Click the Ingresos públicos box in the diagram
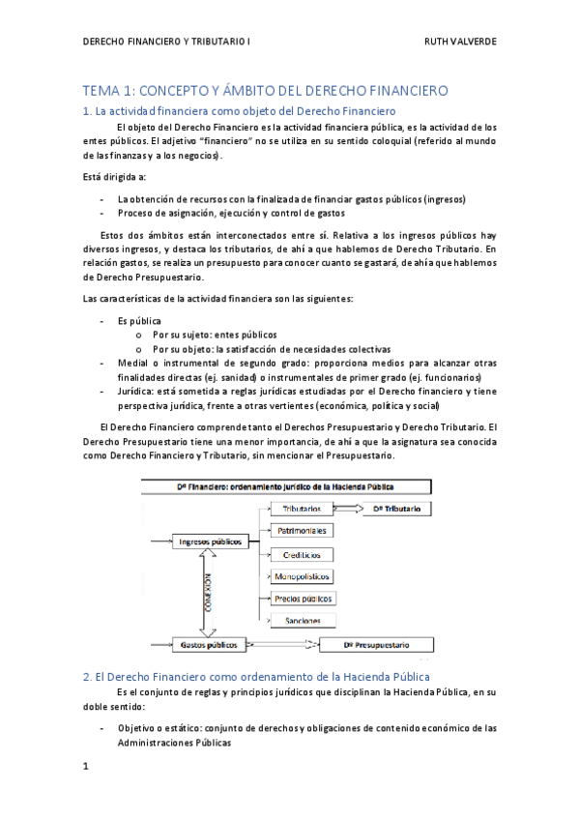(x=211, y=542)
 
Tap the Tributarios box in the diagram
(x=296, y=509)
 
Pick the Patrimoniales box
(x=303, y=531)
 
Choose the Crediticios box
(x=303, y=554)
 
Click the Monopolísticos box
(x=303, y=576)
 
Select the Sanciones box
(x=303, y=620)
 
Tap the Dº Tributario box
(x=396, y=509)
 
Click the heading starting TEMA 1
(x=266, y=91)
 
